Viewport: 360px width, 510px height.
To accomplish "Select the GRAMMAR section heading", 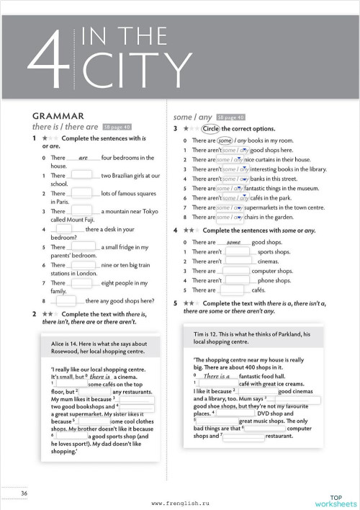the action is tap(58, 115).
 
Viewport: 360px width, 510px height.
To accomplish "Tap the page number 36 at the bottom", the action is tap(24, 493).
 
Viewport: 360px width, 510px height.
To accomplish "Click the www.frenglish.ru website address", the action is tap(180, 502).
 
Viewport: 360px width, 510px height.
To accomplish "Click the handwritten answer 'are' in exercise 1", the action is tap(83, 158).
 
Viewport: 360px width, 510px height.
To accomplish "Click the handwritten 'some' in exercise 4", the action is tap(233, 243).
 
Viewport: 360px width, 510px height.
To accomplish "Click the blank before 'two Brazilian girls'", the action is tap(83, 176).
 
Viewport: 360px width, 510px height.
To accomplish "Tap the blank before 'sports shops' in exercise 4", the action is tap(238, 252).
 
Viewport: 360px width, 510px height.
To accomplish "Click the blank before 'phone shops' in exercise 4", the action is tap(238, 280).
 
